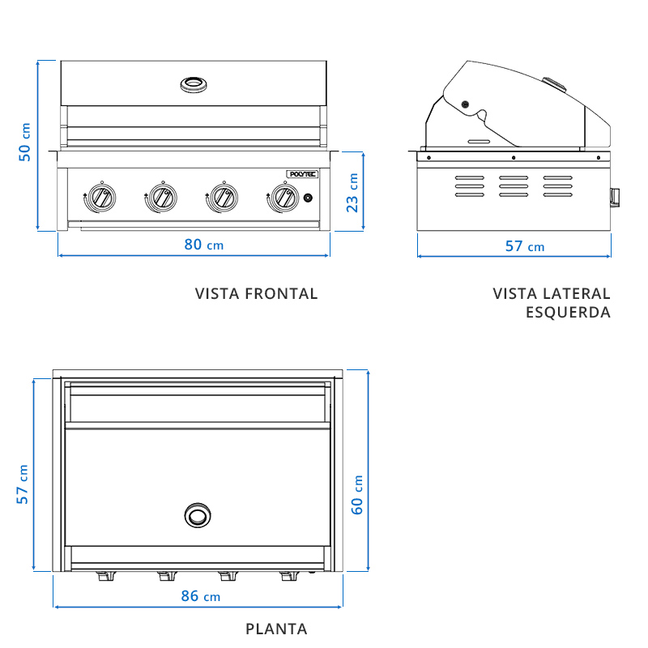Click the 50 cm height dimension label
coord(26,143)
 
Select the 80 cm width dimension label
coord(203,245)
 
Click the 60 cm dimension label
coord(357,494)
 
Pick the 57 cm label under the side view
coord(524,246)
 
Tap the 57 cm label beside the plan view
coord(23,484)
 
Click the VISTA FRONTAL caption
coord(256,294)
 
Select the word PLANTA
coord(276,629)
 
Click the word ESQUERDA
coord(568,313)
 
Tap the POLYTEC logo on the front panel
coord(303,173)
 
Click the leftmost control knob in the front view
coord(100,197)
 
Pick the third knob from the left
coord(222,197)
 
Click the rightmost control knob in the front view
coord(283,197)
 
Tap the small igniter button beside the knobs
coord(308,198)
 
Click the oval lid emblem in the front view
coord(194,83)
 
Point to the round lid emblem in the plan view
coord(197,515)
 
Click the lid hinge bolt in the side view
coord(465,104)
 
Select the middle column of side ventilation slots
coord(513,186)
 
